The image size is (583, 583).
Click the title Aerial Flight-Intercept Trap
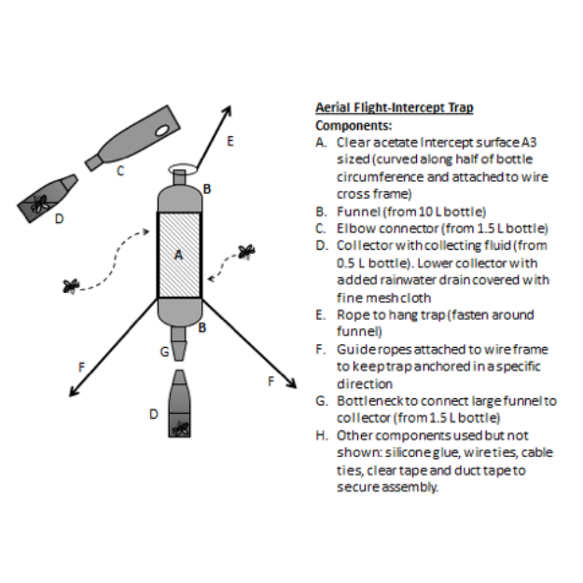pos(395,108)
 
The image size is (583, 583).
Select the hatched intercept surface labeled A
pos(180,255)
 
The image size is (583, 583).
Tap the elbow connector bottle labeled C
pos(132,138)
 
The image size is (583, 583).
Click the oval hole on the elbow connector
pos(162,131)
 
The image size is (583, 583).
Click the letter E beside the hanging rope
pos(230,141)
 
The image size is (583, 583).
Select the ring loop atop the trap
pos(182,169)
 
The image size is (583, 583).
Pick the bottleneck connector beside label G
pos(179,344)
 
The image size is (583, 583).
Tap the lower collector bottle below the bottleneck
pos(180,403)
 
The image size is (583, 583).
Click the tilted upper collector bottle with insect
pos(48,198)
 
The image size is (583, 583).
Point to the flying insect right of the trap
pos(246,252)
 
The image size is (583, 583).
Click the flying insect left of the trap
pos(71,286)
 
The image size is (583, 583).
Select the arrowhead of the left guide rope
pos(74,392)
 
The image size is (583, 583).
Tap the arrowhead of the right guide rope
pos(292,383)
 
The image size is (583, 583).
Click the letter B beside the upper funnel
pos(207,189)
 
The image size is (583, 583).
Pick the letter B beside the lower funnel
pos(202,328)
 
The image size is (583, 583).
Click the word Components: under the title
pos(354,126)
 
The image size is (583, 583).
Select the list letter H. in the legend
pos(322,436)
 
